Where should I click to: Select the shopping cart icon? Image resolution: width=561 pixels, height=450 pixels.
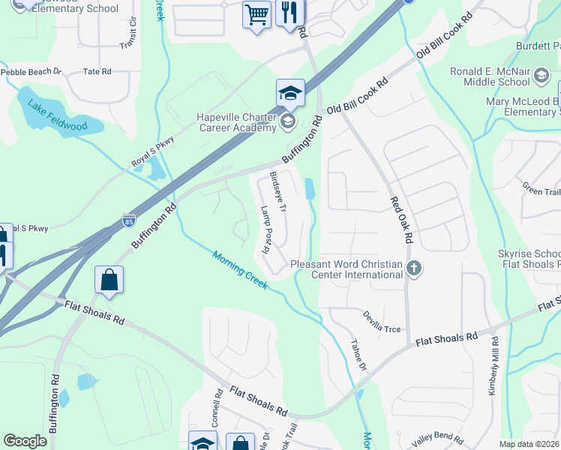point(256,14)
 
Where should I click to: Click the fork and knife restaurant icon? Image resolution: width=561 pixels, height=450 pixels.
point(289,13)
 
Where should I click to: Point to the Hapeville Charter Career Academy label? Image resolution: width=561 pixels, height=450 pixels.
point(236,122)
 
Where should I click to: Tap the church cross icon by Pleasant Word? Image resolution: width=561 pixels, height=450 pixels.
point(412,268)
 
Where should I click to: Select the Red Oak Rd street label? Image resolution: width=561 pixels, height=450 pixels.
point(401,220)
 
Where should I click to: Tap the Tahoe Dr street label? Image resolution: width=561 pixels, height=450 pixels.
point(359,355)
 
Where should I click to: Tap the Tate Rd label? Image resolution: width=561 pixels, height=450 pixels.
point(97,71)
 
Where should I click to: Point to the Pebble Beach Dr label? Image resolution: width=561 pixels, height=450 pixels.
point(30,72)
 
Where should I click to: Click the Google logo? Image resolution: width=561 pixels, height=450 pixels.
point(25,440)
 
